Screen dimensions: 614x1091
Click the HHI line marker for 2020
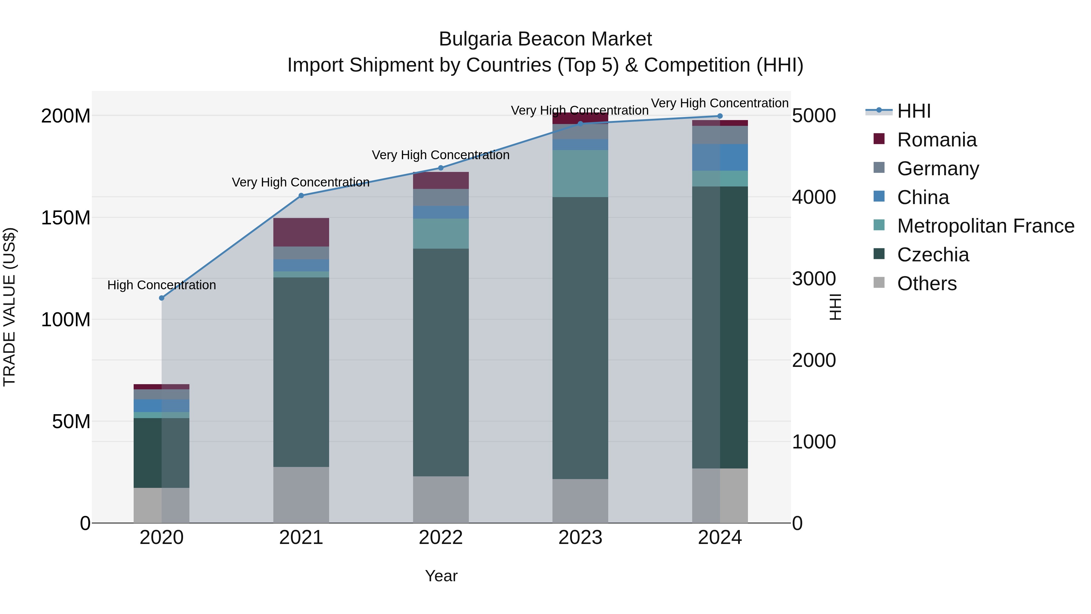pyautogui.click(x=161, y=298)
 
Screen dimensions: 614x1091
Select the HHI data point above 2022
pyautogui.click(x=440, y=168)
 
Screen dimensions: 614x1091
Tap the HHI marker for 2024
pyautogui.click(x=719, y=116)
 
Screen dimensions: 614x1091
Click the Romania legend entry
pyautogui.click(x=936, y=140)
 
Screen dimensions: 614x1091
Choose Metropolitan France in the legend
pyautogui.click(x=985, y=226)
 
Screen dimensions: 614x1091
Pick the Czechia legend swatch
pyautogui.click(x=879, y=255)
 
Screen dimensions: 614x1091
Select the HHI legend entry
pyautogui.click(x=913, y=111)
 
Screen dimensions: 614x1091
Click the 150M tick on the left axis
pyautogui.click(x=66, y=218)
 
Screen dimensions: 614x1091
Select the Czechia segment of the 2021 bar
pyautogui.click(x=301, y=372)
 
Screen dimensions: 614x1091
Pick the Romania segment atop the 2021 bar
pyautogui.click(x=301, y=232)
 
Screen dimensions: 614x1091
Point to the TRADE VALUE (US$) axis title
pyautogui.click(x=9, y=307)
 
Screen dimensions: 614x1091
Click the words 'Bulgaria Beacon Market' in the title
pyautogui.click(x=545, y=39)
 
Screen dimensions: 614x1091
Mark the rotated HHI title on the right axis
pyautogui.click(x=835, y=307)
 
